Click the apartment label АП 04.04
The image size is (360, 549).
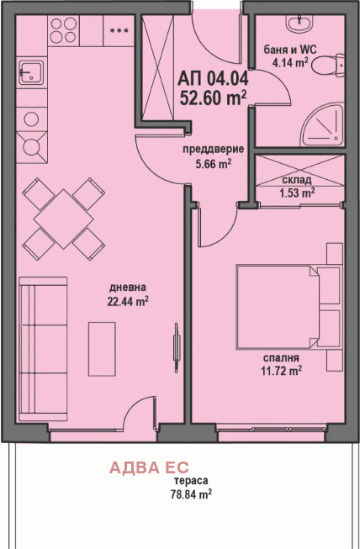point(213,79)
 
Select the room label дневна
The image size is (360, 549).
point(128,288)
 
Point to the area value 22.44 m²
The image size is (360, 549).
point(128,301)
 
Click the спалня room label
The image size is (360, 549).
point(281,357)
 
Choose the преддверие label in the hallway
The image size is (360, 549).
point(214,150)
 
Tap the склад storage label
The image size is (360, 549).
point(297,180)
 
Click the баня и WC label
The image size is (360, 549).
point(290,50)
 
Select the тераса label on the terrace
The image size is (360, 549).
point(191,481)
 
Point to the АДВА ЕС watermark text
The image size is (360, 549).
point(149,467)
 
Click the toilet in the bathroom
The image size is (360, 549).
point(328,65)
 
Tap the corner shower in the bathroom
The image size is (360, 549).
point(323,126)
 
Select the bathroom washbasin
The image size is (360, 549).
point(299,23)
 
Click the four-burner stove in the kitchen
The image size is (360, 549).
point(63,30)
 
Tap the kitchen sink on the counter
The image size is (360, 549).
point(31,72)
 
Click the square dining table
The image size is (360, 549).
point(63,219)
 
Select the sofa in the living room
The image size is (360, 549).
point(43,349)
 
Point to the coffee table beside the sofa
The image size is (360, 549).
point(102,349)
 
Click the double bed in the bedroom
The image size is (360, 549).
point(289,307)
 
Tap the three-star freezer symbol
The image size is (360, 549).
point(119,31)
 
